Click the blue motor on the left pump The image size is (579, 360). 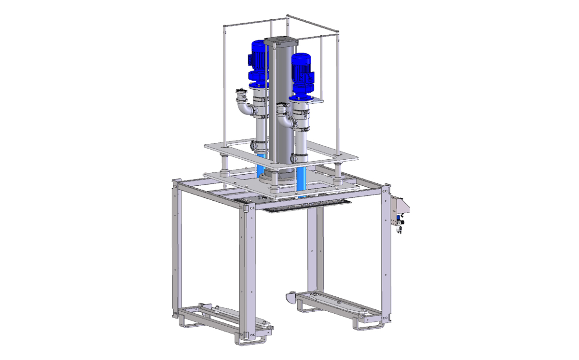(x=258, y=60)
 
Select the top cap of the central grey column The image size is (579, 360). (x=279, y=41)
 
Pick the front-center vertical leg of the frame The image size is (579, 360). (x=247, y=270)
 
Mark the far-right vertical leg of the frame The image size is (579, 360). (x=386, y=256)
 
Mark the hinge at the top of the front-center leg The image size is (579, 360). (x=247, y=208)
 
